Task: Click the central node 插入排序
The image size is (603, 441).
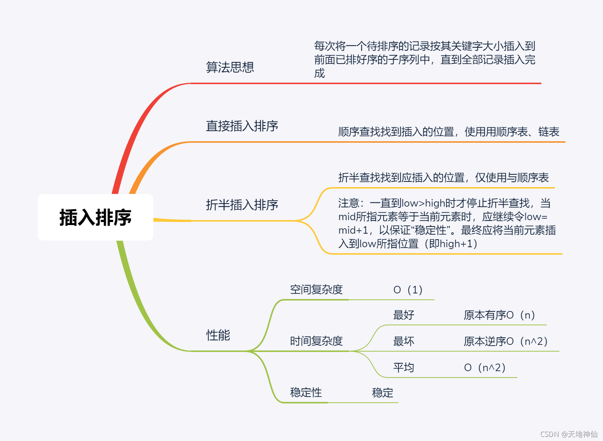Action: click(95, 217)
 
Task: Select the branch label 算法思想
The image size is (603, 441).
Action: click(230, 67)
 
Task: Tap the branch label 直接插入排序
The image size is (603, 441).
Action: click(242, 126)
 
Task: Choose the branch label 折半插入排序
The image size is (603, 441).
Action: click(242, 205)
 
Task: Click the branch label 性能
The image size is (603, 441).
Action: click(218, 335)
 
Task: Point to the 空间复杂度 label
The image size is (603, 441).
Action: click(316, 289)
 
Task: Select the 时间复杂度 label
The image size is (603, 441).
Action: click(316, 341)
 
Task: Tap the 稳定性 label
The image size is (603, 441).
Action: click(306, 392)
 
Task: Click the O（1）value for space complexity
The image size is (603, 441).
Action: click(408, 290)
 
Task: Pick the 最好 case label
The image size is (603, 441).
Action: click(403, 315)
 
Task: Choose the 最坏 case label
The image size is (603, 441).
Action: click(403, 341)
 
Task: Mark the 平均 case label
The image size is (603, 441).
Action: click(403, 367)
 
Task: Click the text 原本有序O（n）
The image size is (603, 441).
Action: click(499, 315)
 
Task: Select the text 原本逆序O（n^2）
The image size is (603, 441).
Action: click(505, 341)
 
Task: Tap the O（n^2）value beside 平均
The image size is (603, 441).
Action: click(485, 367)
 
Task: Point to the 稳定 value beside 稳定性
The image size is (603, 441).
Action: click(382, 393)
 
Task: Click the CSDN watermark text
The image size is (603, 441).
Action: click(568, 434)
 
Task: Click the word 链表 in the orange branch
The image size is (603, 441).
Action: click(549, 131)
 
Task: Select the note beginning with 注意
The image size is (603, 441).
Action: click(447, 223)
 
